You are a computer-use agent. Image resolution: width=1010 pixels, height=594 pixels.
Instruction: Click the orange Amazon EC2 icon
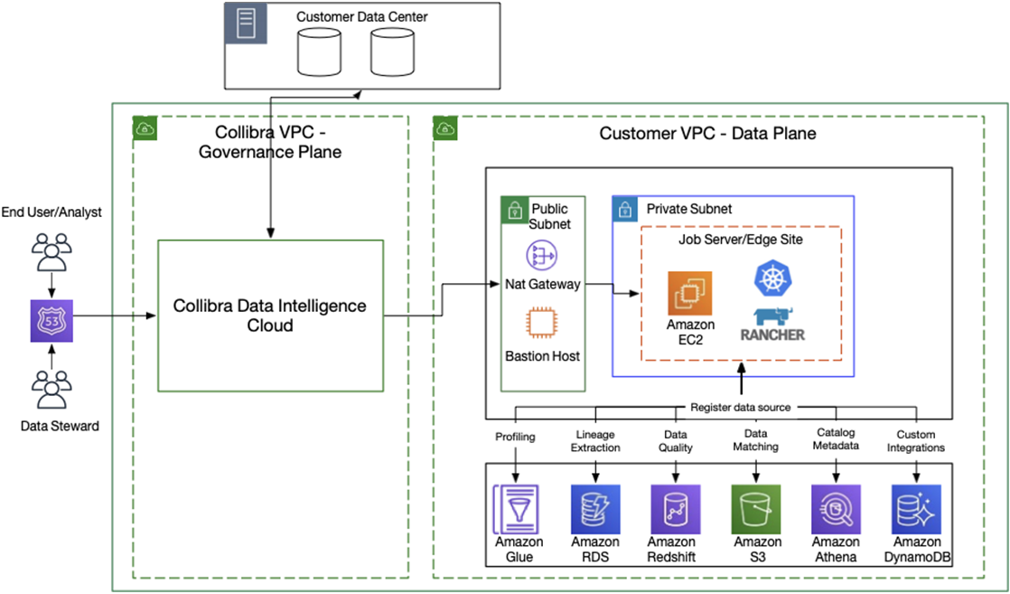pos(690,294)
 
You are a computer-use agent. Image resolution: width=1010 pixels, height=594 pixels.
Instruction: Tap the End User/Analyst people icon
pos(51,251)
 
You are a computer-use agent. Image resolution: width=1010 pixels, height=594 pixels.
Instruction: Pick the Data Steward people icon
pos(51,389)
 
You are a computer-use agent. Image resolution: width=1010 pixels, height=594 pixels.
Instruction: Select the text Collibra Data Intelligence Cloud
pos(270,315)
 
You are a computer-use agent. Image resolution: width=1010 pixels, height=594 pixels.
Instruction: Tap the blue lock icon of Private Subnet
pos(623,209)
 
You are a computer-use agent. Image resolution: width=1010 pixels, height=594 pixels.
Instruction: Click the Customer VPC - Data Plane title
pos(708,134)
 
